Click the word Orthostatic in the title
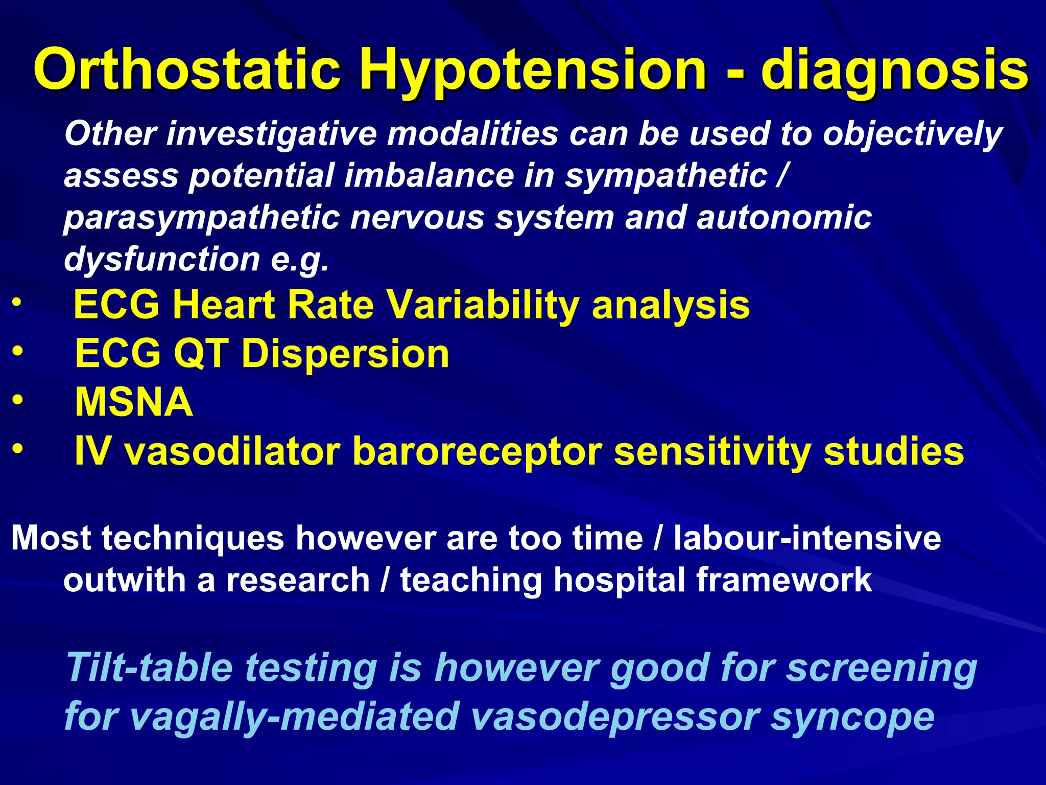coord(187,69)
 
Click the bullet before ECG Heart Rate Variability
coord(17,303)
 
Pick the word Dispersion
coord(345,353)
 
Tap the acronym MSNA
coord(134,402)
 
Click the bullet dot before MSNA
coord(17,400)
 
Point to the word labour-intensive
coord(806,538)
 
